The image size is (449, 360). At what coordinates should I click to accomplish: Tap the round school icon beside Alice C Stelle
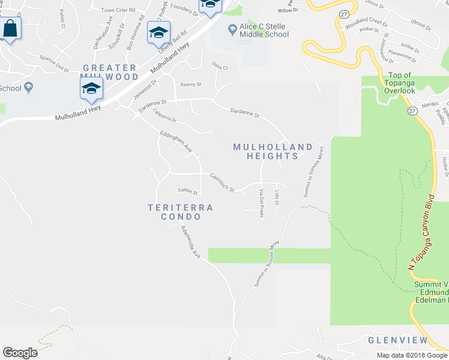tap(232, 29)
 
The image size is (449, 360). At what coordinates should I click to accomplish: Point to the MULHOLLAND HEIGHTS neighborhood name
tap(273, 151)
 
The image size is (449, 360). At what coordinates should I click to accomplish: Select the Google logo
tap(20, 352)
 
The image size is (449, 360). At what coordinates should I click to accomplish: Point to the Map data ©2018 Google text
tap(412, 355)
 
